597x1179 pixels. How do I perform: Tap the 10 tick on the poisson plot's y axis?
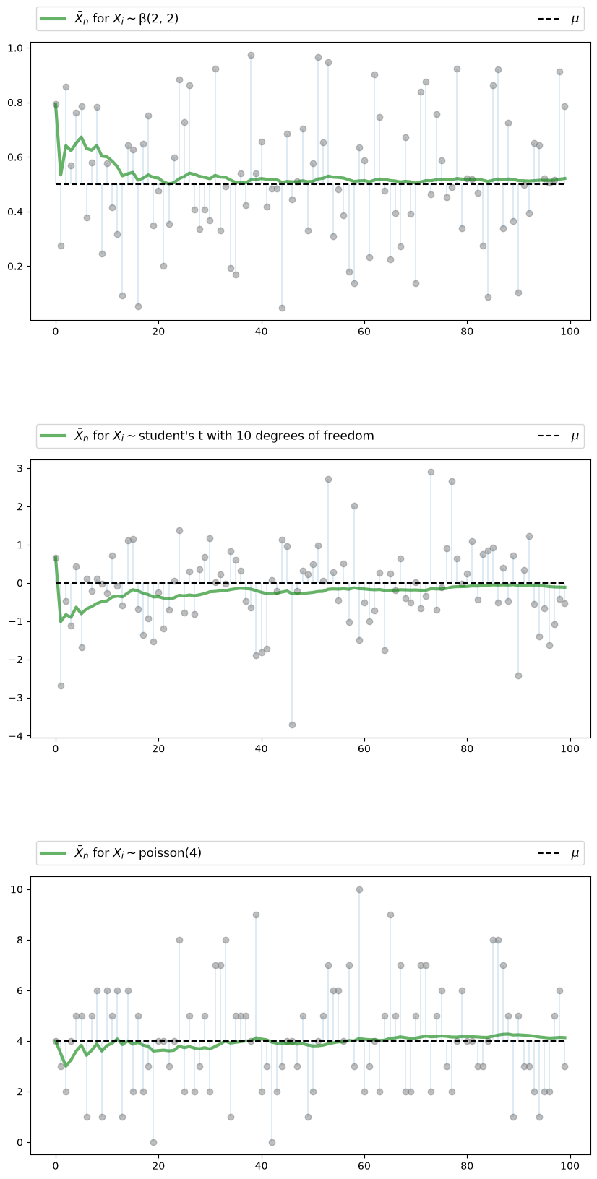pyautogui.click(x=17, y=889)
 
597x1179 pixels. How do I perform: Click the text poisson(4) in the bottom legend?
pyautogui.click(x=170, y=852)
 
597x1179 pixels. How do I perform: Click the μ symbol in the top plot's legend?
pyautogui.click(x=575, y=20)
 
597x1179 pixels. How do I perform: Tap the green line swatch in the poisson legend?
pyautogui.click(x=53, y=853)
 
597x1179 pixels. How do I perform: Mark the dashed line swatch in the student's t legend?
pyautogui.click(x=549, y=436)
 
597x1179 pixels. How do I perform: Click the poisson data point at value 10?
pyautogui.click(x=359, y=889)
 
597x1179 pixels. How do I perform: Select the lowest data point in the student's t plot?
pyautogui.click(x=292, y=725)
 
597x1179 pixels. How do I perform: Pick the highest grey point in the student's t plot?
pyautogui.click(x=431, y=472)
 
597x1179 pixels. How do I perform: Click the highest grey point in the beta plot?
pyautogui.click(x=251, y=55)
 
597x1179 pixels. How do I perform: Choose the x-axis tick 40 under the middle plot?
pyautogui.click(x=262, y=749)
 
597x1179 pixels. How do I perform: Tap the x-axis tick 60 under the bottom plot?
pyautogui.click(x=364, y=1166)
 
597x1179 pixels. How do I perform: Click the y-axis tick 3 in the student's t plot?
pyautogui.click(x=20, y=468)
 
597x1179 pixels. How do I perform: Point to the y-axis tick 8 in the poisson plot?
pyautogui.click(x=20, y=940)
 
